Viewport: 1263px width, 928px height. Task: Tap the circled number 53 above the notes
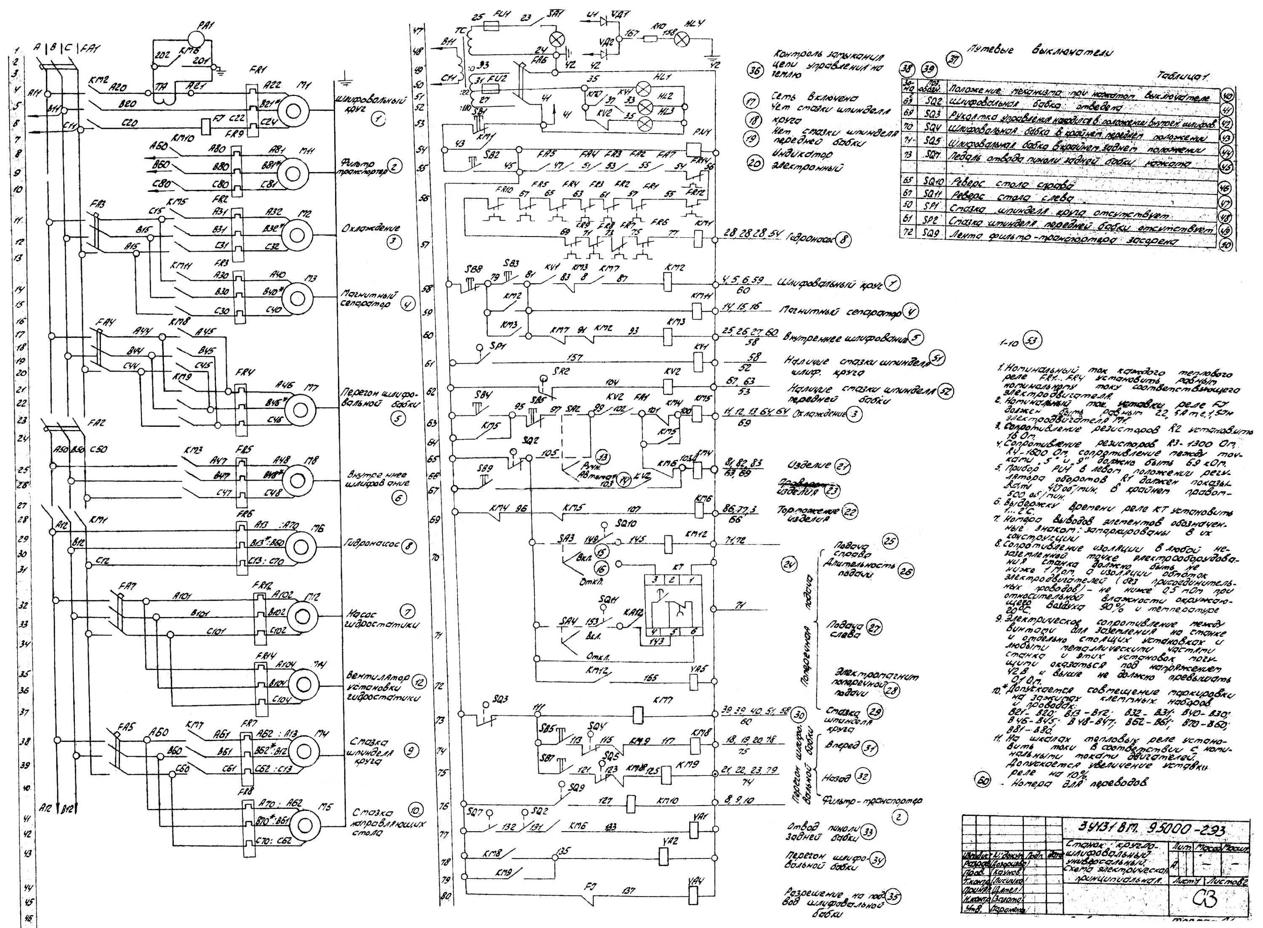pos(1032,340)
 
